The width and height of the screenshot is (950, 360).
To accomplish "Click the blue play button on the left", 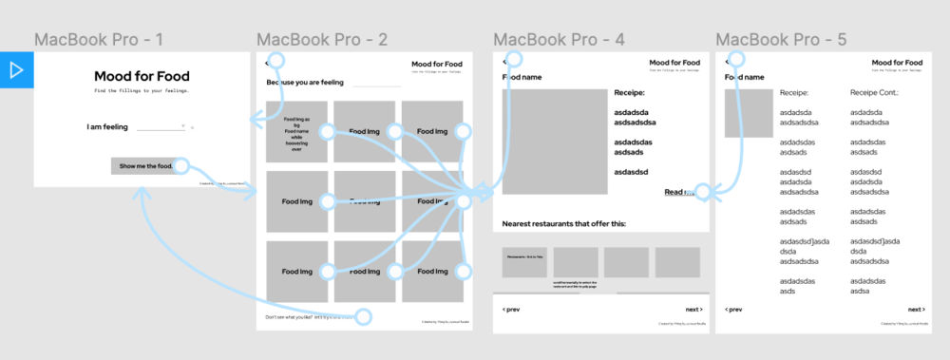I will click(x=16, y=70).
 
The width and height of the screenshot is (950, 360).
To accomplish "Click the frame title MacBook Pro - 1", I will click(x=99, y=40).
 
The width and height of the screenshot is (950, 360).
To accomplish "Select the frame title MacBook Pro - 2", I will click(x=322, y=40).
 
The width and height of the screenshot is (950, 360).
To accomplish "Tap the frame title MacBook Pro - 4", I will click(x=559, y=40).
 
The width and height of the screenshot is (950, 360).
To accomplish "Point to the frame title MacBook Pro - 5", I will click(x=781, y=40).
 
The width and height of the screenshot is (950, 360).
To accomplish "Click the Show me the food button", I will click(x=146, y=165).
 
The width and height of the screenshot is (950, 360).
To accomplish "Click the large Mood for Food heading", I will click(x=141, y=76).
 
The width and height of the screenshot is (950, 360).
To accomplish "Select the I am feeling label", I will click(x=106, y=126).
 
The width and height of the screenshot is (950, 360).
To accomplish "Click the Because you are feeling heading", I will click(x=305, y=83).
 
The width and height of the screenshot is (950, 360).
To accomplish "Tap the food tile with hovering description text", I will click(x=296, y=132).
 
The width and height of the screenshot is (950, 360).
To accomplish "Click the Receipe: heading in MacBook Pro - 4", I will click(x=629, y=93).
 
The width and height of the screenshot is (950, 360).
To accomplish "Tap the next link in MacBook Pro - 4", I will click(x=693, y=310).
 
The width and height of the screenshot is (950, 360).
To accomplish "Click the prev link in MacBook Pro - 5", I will click(x=733, y=310).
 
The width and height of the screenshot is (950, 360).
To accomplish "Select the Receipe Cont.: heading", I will click(x=874, y=93).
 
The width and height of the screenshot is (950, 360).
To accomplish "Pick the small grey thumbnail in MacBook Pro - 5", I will click(x=742, y=113).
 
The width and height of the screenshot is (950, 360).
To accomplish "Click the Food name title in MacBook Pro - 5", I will click(x=745, y=77).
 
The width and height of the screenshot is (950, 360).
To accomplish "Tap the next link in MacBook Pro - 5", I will click(x=915, y=310).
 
